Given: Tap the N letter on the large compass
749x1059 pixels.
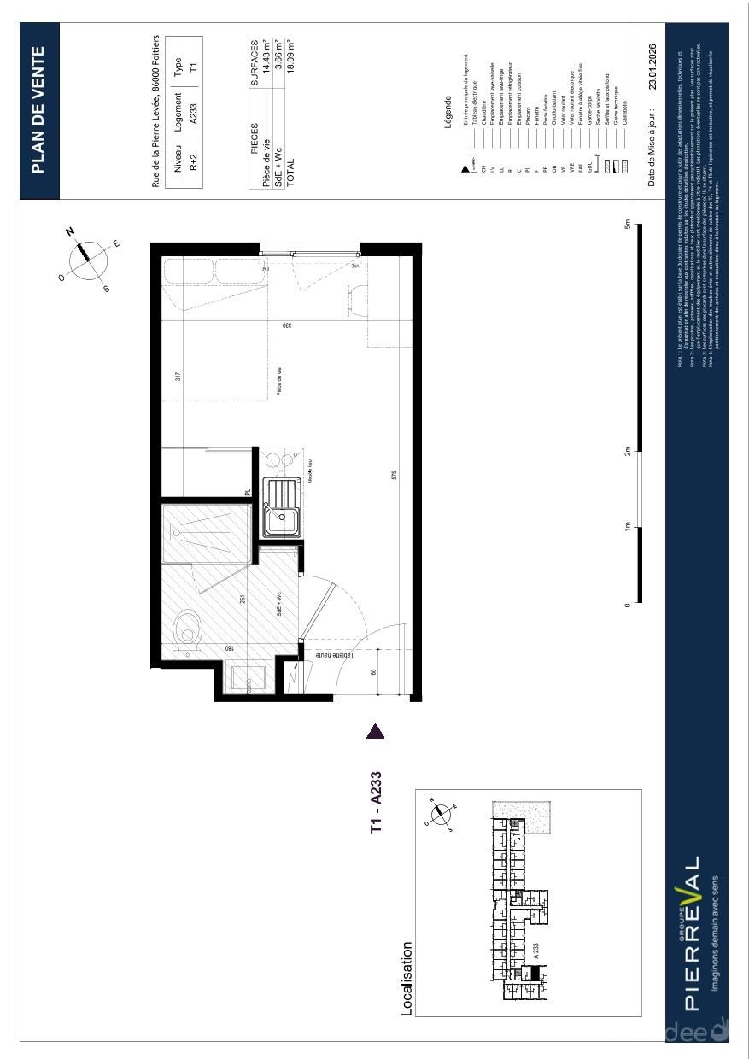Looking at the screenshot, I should click(x=71, y=231).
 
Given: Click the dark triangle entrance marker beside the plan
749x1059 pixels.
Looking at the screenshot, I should click(x=375, y=731).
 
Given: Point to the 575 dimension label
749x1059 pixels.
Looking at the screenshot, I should click(x=394, y=474).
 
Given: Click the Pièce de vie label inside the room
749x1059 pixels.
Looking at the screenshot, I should click(x=278, y=382).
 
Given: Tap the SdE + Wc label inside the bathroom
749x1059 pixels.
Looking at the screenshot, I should click(x=278, y=604).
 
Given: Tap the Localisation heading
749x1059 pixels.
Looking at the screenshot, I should click(x=407, y=979).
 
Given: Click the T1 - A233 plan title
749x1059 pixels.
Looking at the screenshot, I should click(x=376, y=803).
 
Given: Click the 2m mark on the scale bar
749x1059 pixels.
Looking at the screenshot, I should click(x=627, y=451).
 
